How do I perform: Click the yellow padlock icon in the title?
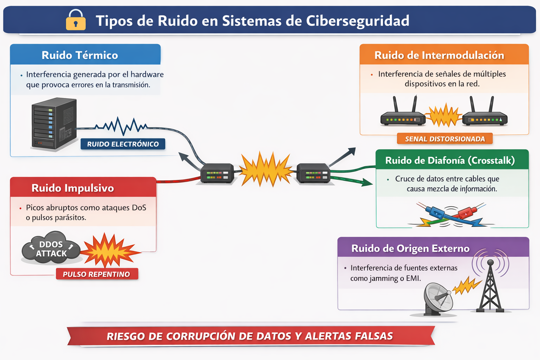pos(76,20)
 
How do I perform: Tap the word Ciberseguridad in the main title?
pos(358,21)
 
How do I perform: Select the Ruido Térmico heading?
pos(80,55)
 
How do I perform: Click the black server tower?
pos(54,124)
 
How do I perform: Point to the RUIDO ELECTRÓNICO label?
pos(123,144)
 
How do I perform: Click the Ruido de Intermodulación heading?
pos(439,55)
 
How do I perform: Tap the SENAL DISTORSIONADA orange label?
pos(445,139)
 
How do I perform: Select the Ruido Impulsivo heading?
pos(72,188)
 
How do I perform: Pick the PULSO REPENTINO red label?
pos(97,274)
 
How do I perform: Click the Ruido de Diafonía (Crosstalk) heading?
pos(450,160)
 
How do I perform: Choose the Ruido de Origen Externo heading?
pos(410,248)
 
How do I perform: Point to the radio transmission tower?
pos(490,287)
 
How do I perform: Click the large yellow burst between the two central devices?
pos(265,169)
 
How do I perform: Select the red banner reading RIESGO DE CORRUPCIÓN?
pos(251,336)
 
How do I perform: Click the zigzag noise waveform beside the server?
pos(121,126)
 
